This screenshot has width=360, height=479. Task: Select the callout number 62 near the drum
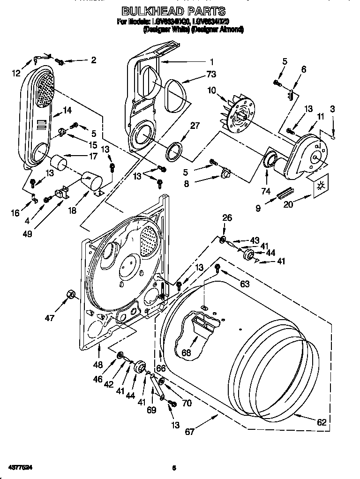[321, 422]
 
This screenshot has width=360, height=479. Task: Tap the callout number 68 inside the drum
[187, 352]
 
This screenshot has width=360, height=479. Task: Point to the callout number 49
[29, 233]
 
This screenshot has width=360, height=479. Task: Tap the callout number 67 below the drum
[189, 432]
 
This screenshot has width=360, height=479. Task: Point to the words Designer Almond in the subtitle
[218, 29]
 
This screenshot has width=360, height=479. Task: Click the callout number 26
[227, 217]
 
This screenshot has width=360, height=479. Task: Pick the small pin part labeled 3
[333, 137]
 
